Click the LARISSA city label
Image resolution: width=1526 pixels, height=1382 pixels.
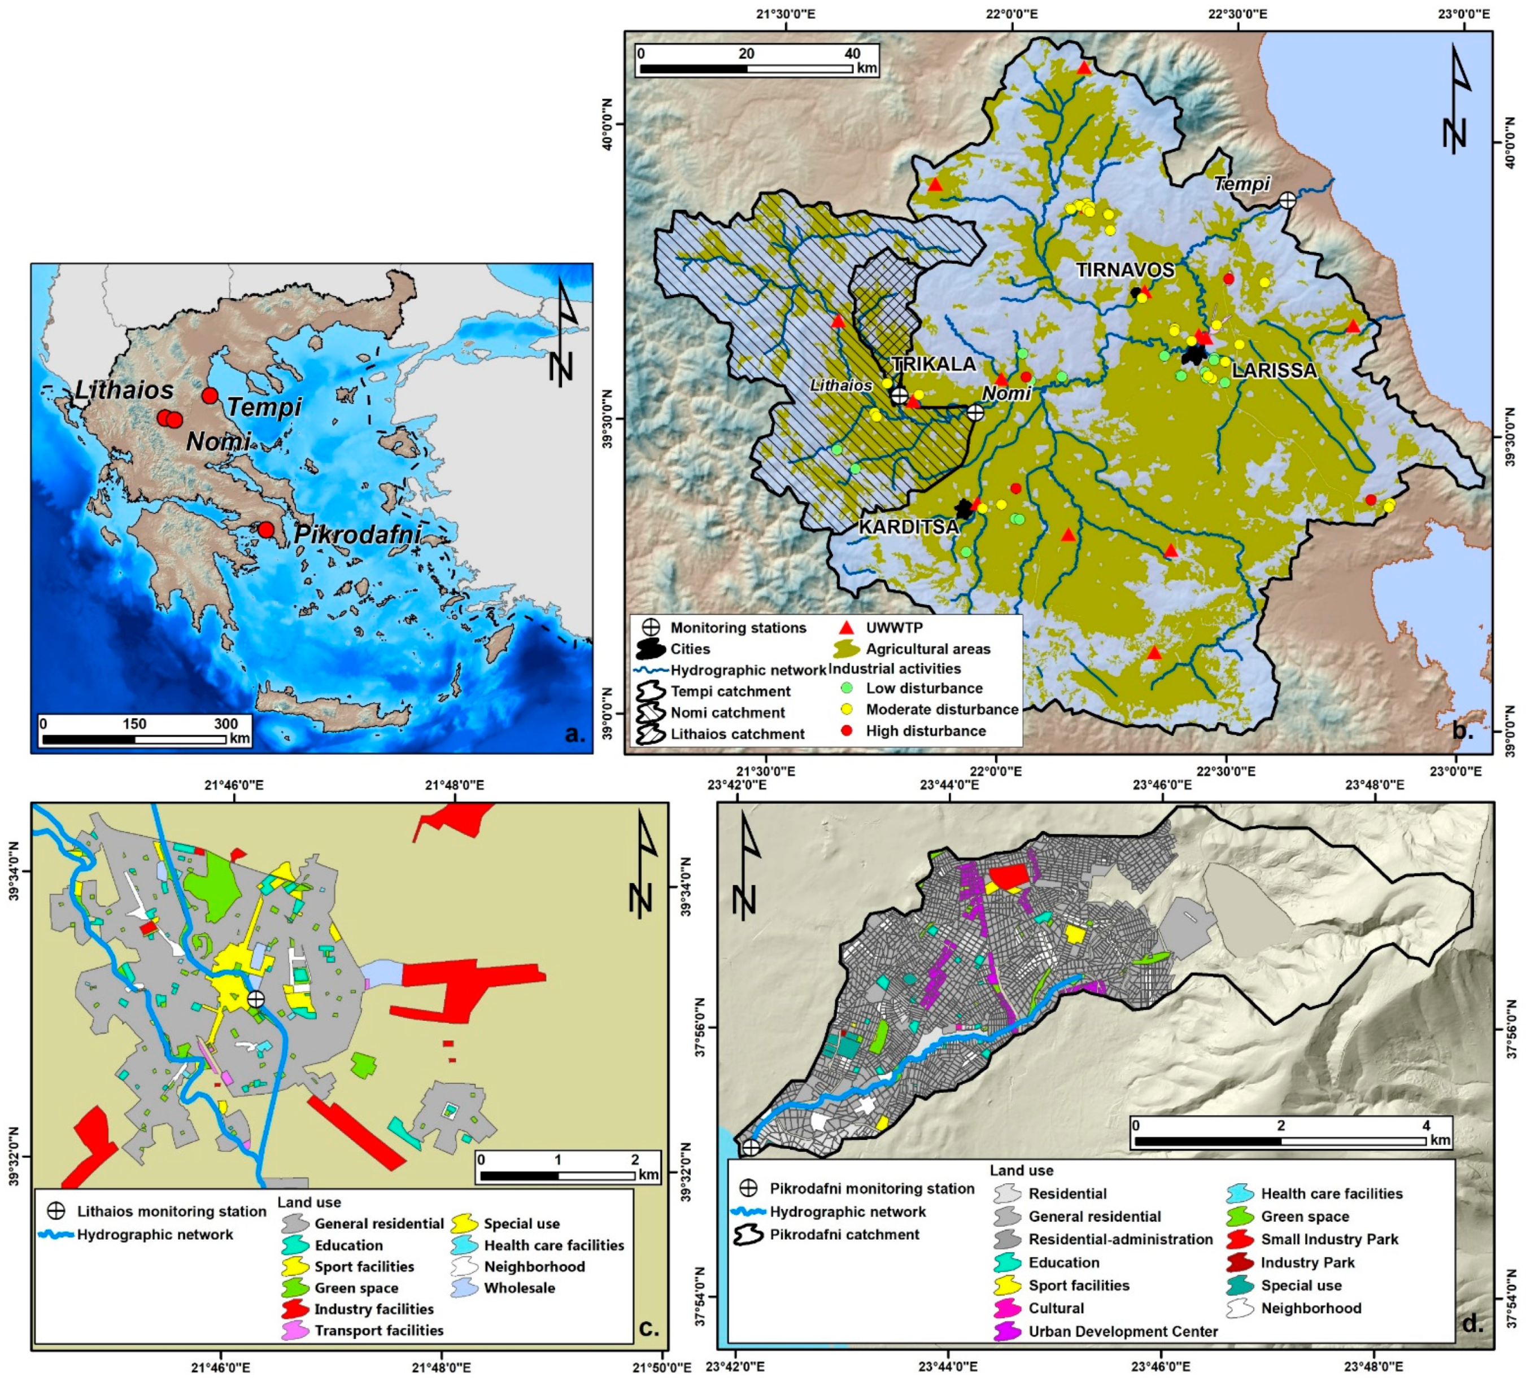tap(1274, 370)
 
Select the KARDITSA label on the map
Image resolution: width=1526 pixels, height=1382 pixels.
tap(908, 526)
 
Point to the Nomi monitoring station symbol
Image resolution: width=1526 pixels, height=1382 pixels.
tap(975, 413)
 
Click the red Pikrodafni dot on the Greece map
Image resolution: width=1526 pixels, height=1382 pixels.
tap(265, 530)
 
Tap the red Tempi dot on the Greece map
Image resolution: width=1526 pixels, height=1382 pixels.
tap(210, 395)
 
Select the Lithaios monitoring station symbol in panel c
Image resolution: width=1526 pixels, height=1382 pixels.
tap(256, 999)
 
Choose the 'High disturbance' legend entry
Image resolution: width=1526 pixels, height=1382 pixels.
tap(925, 731)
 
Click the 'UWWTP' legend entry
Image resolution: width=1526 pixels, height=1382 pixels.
tap(894, 627)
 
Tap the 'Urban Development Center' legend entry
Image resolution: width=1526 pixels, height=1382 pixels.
tap(1123, 1331)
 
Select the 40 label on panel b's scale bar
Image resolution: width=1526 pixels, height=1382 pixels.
tap(852, 53)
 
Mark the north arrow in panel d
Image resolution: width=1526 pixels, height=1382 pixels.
tap(748, 867)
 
